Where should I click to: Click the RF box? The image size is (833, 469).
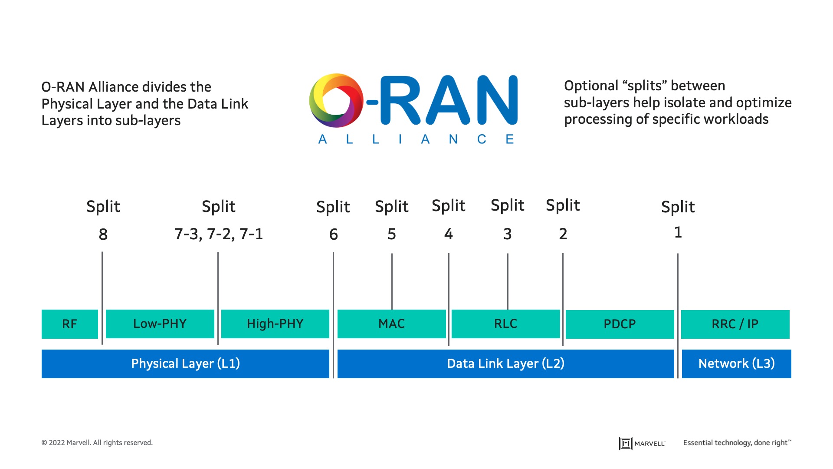click(x=69, y=324)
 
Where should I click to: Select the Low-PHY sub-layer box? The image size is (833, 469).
click(x=160, y=324)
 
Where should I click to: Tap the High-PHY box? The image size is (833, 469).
click(x=275, y=324)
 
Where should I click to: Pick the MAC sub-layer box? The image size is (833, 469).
click(x=391, y=324)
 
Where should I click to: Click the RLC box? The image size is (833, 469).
click(x=505, y=324)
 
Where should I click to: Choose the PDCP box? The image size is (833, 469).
click(x=620, y=324)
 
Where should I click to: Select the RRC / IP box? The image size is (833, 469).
click(x=735, y=324)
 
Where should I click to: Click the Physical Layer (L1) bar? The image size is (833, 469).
click(x=185, y=363)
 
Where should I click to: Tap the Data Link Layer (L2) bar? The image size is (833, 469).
click(x=505, y=363)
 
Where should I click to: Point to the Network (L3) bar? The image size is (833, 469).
click(x=736, y=363)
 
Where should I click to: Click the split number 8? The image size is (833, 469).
click(x=103, y=234)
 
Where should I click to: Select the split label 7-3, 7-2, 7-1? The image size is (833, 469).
click(x=219, y=234)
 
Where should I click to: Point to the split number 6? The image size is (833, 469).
click(x=333, y=234)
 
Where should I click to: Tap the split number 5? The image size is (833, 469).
click(x=391, y=234)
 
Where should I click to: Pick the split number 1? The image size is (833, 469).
click(x=678, y=233)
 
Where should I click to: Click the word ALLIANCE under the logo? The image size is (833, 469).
click(x=416, y=139)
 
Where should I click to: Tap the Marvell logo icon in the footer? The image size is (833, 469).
click(x=625, y=443)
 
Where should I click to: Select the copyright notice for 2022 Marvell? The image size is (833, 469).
click(x=97, y=443)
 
